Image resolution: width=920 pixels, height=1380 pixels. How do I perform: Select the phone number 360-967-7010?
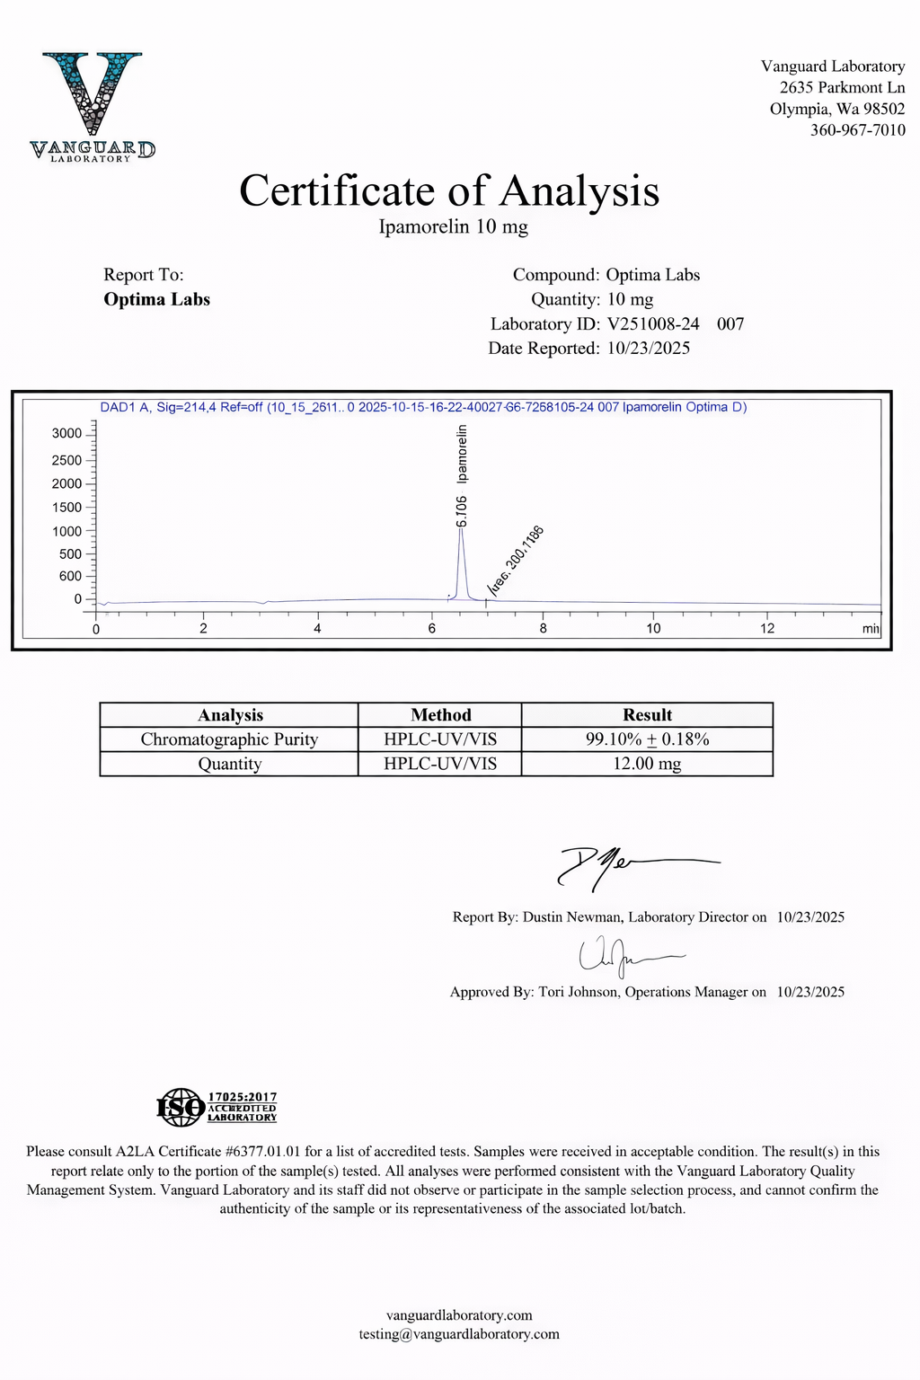857,130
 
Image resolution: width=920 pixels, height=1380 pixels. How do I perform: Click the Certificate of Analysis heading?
449,191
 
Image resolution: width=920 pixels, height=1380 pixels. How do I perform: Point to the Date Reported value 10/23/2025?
648,348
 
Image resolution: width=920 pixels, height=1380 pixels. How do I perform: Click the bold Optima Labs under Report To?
156,299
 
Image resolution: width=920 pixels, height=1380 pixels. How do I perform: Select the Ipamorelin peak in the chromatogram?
461,562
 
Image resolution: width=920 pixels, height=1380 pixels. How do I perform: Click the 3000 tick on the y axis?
67,433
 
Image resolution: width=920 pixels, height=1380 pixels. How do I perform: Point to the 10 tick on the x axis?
653,628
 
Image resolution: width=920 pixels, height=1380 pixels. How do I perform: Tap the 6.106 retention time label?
462,510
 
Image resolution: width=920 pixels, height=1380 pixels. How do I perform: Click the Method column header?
440,715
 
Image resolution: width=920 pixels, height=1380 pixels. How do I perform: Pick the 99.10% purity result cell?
647,739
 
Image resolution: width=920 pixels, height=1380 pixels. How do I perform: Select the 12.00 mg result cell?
647,764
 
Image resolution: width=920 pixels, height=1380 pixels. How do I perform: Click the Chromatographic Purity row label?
229,739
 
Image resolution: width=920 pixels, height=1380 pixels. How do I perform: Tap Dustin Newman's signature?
629,865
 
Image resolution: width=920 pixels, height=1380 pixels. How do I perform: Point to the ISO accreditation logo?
217,1107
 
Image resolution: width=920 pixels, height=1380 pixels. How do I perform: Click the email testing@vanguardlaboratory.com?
459,1334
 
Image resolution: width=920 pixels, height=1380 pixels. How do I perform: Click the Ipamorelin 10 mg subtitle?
453,226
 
